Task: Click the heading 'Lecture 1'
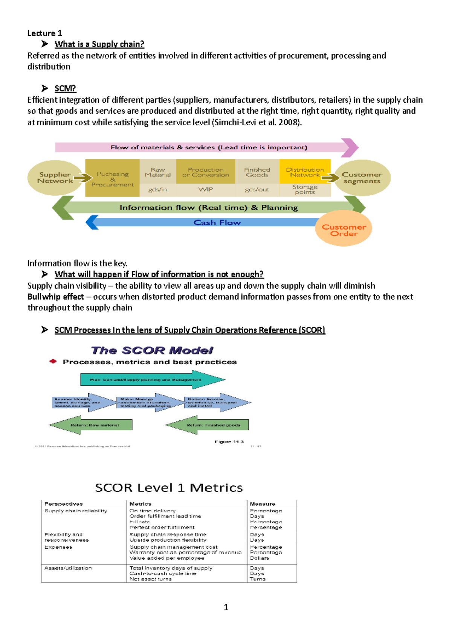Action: coord(44,33)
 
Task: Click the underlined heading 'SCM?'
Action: coord(65,88)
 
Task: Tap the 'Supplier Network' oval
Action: coord(55,178)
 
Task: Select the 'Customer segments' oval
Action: coord(362,178)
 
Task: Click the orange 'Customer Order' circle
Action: coord(344,230)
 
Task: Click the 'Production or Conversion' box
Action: coord(206,172)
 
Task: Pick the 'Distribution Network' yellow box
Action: coord(305,172)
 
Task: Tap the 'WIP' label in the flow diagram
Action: coord(206,190)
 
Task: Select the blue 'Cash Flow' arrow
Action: coord(217,223)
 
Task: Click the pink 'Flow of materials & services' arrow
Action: coord(209,148)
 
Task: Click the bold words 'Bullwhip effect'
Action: coord(55,297)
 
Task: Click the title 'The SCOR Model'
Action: coord(152,351)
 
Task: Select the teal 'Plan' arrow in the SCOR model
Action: coord(151,380)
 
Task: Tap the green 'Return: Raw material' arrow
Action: coord(94,425)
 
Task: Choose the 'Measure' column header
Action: coord(263,504)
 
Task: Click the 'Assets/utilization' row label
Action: coord(68,568)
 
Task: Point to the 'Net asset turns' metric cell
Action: coord(151,579)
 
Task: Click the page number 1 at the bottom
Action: coord(226,607)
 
